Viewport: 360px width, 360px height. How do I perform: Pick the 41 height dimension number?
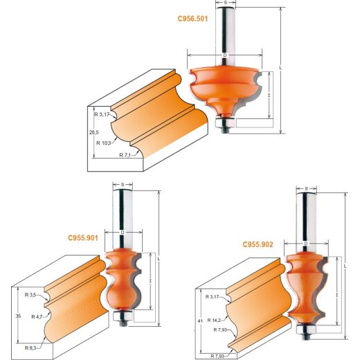(x=200, y=322)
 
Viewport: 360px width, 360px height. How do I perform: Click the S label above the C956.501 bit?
(x=225, y=3)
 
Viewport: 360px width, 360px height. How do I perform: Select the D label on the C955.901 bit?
(x=121, y=232)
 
